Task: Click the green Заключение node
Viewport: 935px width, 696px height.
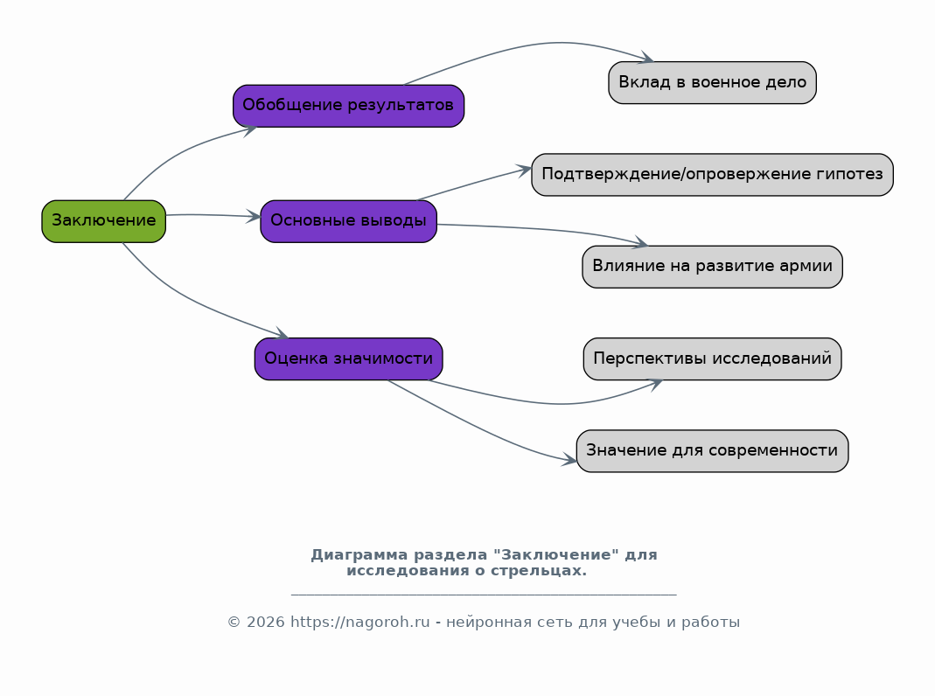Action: point(104,221)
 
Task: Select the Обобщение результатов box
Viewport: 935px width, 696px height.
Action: point(348,106)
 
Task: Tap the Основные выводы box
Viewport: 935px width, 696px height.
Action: point(348,221)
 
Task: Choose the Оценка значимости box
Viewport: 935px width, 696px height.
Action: point(348,358)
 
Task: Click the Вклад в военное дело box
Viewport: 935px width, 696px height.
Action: point(712,82)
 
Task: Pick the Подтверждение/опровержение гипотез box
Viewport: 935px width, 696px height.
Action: point(712,175)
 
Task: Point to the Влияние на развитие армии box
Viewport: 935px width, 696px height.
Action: point(712,267)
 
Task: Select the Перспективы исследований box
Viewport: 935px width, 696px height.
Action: point(712,358)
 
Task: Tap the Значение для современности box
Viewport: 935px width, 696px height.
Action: point(712,450)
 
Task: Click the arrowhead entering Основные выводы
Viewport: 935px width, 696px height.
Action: point(255,217)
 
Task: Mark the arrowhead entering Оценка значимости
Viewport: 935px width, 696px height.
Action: point(282,334)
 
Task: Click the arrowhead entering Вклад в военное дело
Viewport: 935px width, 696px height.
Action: point(646,58)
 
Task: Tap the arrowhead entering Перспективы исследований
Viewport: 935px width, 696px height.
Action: point(655,385)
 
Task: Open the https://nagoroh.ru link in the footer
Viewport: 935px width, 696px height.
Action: point(360,622)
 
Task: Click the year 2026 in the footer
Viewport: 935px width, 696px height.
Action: point(265,622)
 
